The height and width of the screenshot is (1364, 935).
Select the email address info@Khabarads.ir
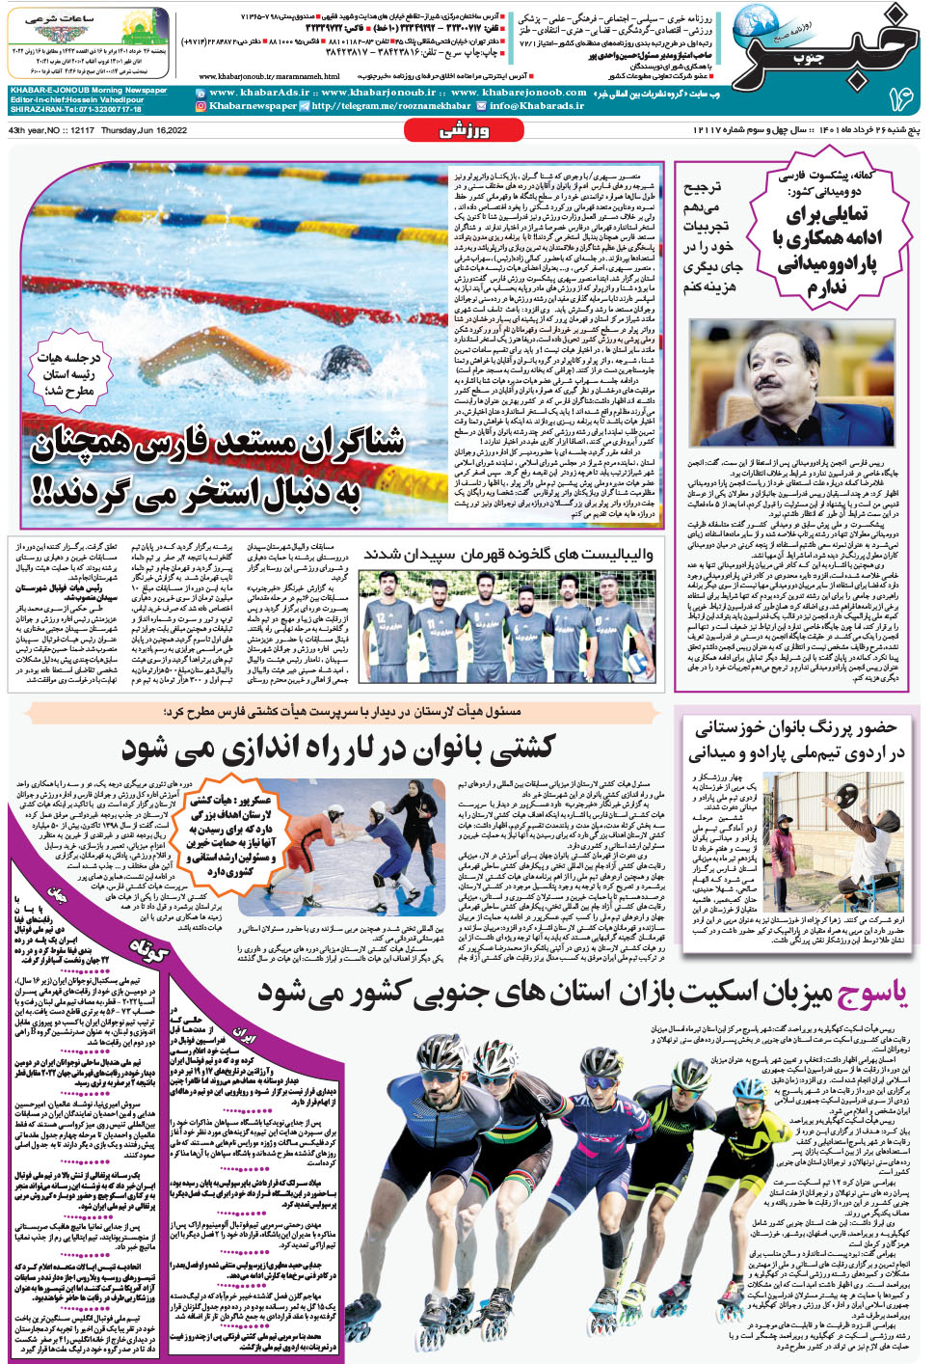coord(537,106)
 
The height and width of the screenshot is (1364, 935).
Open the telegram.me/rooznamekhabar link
coord(391,106)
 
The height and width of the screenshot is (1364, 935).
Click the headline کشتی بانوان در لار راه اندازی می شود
coord(337,748)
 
